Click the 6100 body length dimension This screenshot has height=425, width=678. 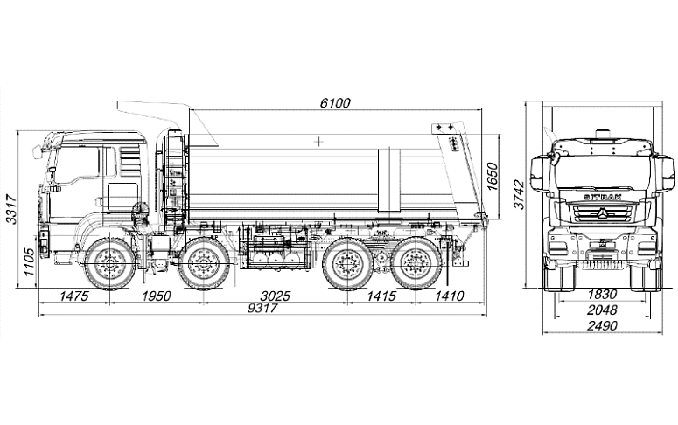(335, 102)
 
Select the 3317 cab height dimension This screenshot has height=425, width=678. (10, 210)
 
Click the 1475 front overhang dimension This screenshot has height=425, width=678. (73, 296)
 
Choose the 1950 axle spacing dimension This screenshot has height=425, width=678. (156, 296)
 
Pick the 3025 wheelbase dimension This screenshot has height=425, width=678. (275, 296)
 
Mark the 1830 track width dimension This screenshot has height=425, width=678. (602, 296)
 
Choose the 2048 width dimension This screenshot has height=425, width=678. (602, 310)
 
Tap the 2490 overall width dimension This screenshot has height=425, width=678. (602, 326)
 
